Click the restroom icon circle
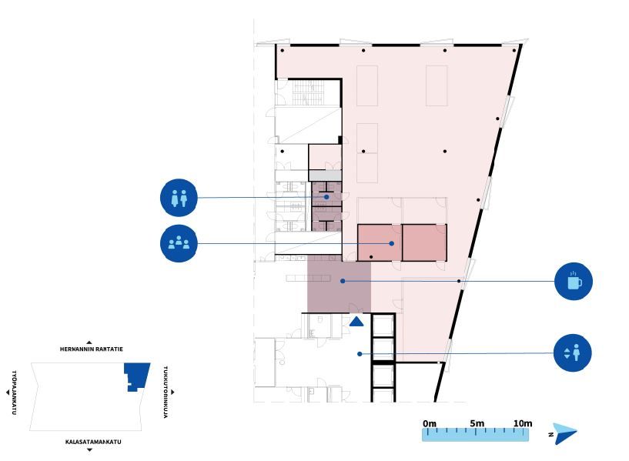click(x=179, y=198)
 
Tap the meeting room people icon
click(x=179, y=243)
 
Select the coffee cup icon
click(x=574, y=281)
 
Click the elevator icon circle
click(x=573, y=352)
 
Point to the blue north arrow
click(x=565, y=433)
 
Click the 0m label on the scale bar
click(x=430, y=423)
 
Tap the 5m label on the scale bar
click(x=477, y=423)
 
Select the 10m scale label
click(x=523, y=423)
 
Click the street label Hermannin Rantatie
click(x=92, y=349)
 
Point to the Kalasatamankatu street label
click(x=93, y=442)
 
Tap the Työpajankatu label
click(x=14, y=393)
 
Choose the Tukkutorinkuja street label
click(x=166, y=392)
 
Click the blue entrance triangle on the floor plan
click(x=356, y=322)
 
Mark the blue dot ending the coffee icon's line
click(x=343, y=281)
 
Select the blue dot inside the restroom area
click(x=326, y=197)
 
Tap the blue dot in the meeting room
click(x=392, y=243)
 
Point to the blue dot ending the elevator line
click(x=360, y=354)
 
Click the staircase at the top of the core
click(x=308, y=93)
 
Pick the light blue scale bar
click(x=475, y=435)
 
